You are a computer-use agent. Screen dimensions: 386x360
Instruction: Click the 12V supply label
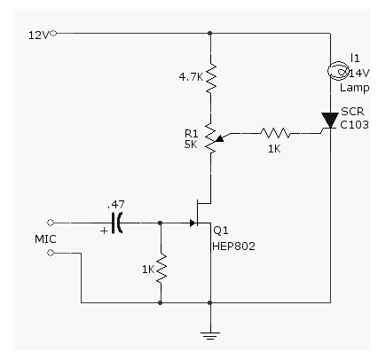tap(38, 35)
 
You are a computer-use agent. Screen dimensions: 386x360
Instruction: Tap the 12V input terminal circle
tap(53, 34)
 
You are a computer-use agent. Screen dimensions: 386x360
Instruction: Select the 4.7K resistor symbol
tap(210, 77)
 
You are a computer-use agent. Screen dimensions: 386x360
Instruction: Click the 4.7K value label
tap(191, 77)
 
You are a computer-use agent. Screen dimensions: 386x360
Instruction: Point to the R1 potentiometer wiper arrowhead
tap(220, 138)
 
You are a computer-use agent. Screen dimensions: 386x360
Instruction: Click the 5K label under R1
tap(191, 145)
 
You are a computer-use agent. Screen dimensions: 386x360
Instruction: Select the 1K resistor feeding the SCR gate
tap(276, 133)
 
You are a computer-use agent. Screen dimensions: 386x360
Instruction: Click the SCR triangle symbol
tap(330, 120)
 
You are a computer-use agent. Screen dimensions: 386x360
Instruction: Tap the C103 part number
tap(354, 125)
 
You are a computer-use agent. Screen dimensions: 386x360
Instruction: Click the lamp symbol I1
tap(337, 71)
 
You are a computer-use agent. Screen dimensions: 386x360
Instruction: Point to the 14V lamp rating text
tap(359, 73)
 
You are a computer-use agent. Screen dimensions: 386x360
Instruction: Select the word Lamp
tap(355, 88)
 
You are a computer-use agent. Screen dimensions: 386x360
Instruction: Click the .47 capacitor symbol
tap(117, 223)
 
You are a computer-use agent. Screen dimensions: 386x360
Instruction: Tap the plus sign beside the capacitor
tap(104, 231)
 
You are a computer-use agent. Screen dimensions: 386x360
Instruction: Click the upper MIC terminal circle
tap(51, 223)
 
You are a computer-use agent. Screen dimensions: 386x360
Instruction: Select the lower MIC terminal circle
tap(51, 253)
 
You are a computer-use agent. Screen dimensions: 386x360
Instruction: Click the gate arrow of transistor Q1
tap(193, 223)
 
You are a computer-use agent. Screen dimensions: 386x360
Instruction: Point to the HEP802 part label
tap(233, 247)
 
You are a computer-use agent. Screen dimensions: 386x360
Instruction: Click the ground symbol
tap(210, 336)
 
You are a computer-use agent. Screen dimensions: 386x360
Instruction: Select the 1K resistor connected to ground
tap(161, 269)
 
